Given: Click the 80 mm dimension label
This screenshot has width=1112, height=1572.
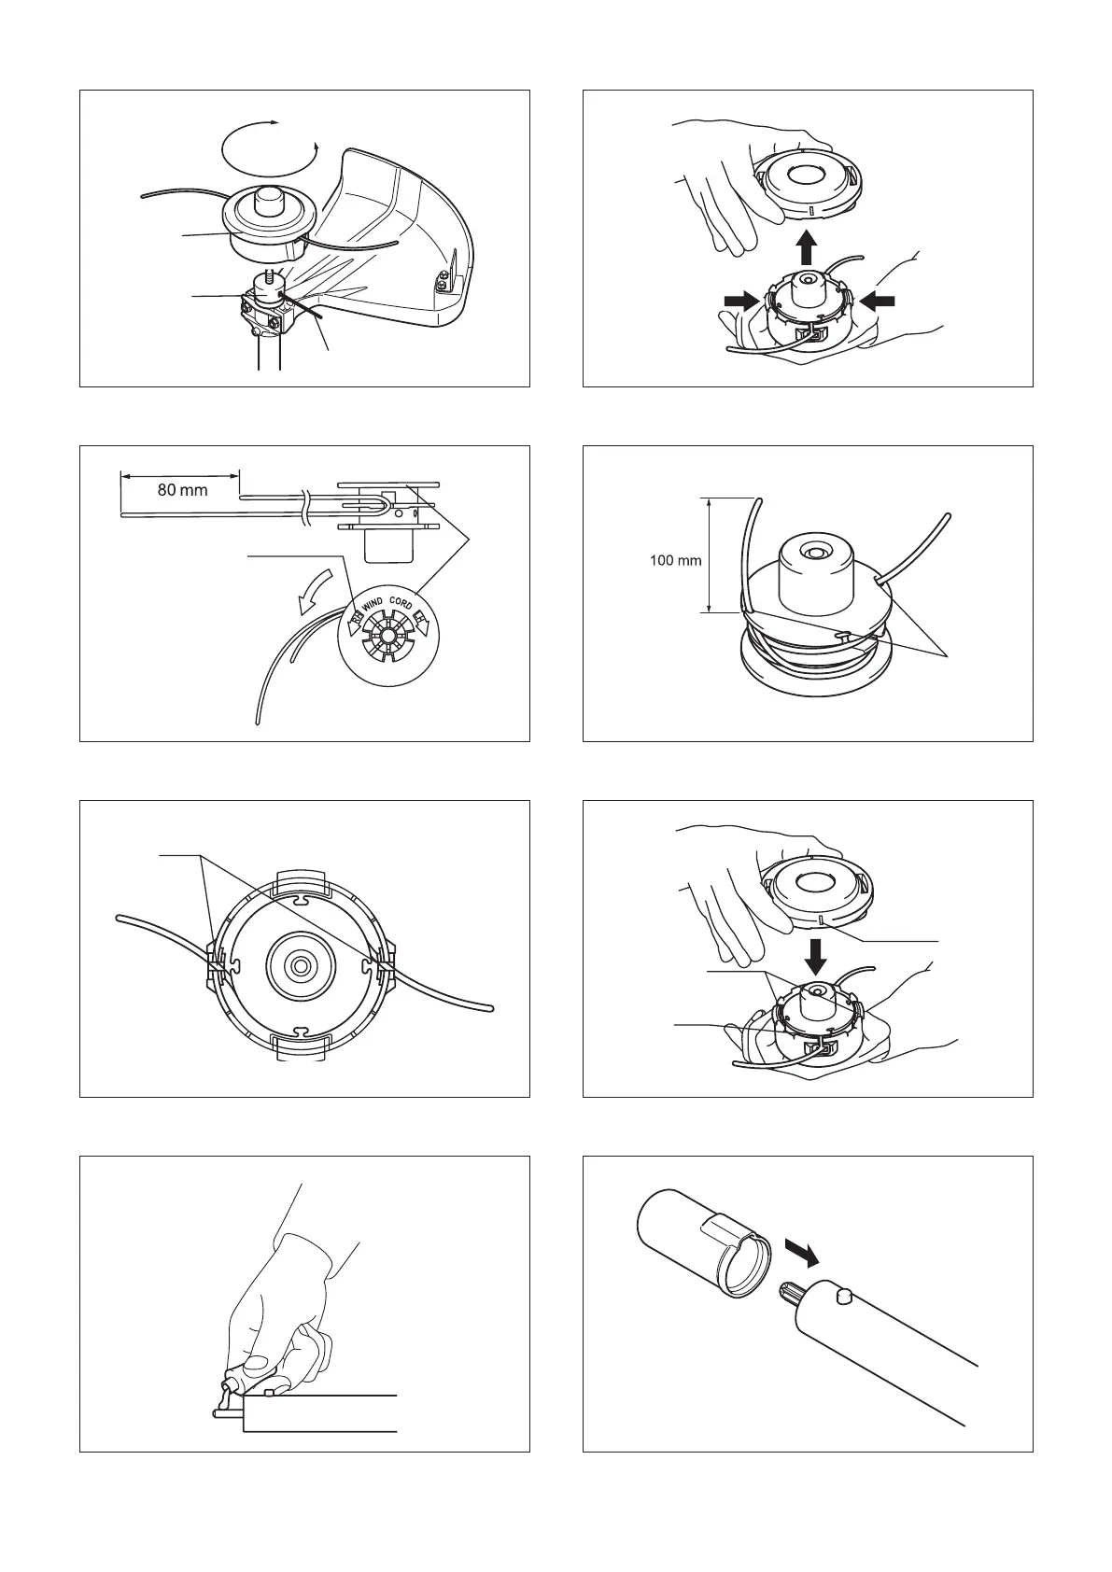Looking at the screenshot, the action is (x=182, y=490).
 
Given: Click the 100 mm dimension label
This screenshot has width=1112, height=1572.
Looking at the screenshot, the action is (x=675, y=561).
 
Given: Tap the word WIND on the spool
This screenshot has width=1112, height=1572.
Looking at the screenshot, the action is (x=373, y=603).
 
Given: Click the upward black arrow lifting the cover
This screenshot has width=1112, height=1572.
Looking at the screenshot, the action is (x=808, y=248).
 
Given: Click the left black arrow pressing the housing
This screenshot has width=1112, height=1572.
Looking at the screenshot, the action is (x=741, y=302).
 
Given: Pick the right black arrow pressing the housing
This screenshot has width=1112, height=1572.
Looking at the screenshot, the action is (x=877, y=302).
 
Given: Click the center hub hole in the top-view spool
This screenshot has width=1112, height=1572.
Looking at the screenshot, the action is (x=302, y=966).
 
